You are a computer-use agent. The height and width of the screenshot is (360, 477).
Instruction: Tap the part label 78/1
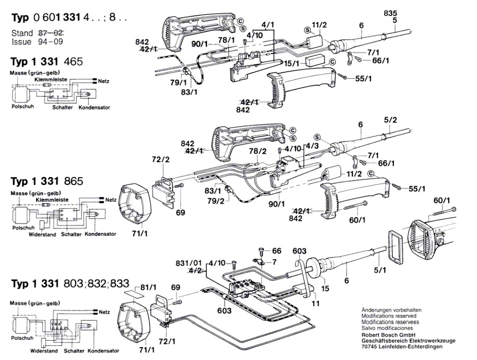pos(228,40)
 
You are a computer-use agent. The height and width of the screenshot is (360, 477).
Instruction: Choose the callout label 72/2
pos(161,160)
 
